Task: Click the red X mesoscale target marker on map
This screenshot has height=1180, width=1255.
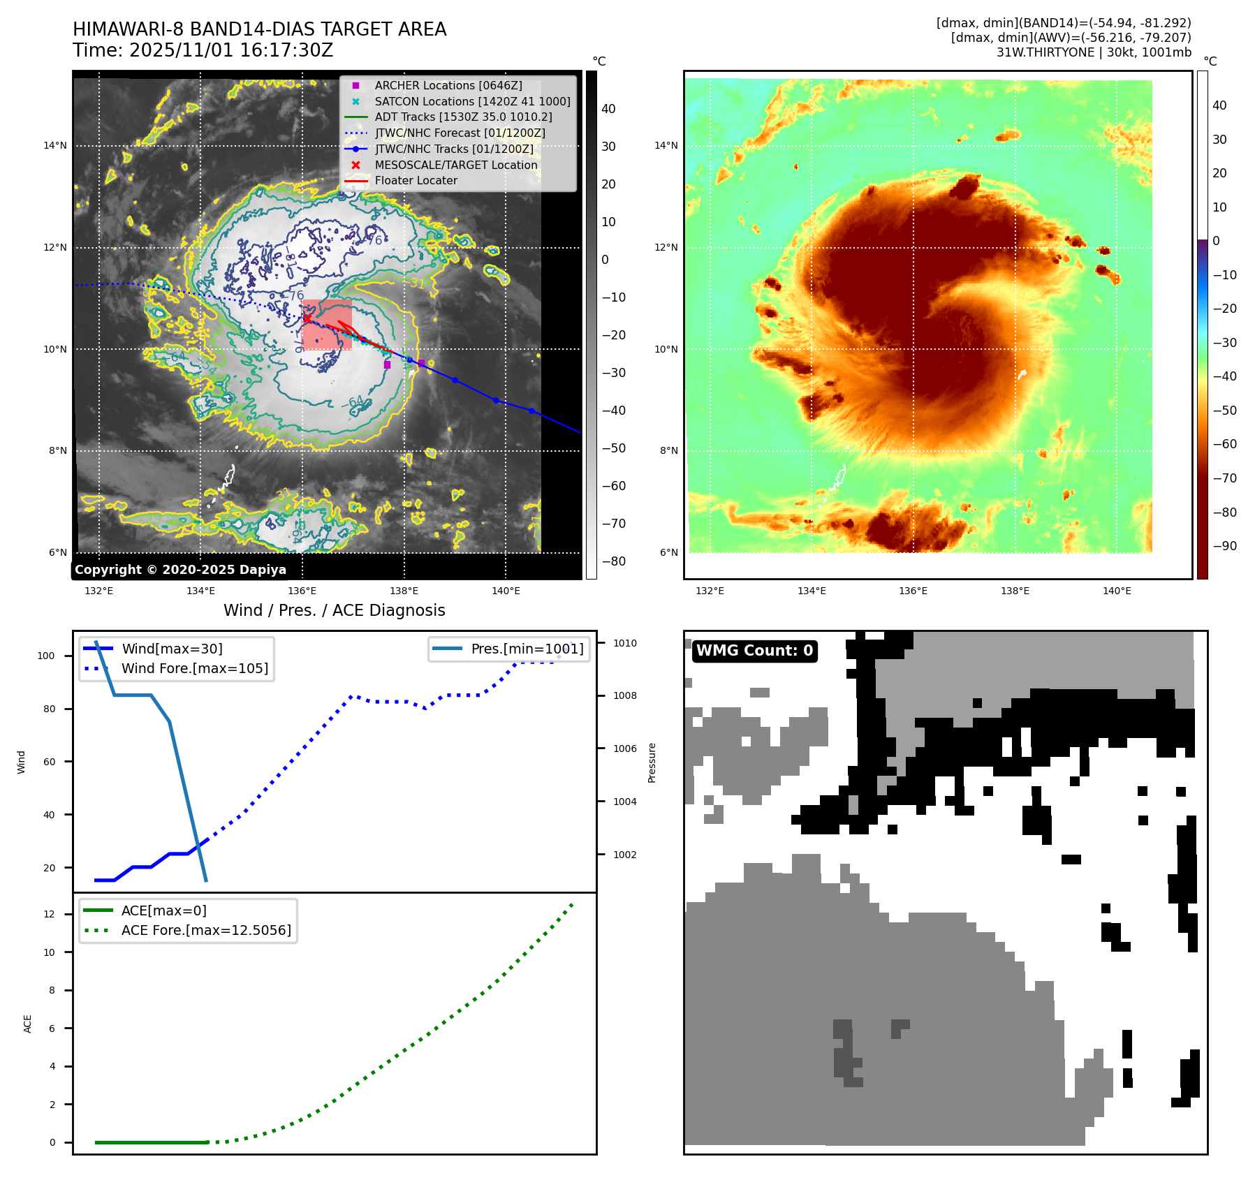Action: point(307,318)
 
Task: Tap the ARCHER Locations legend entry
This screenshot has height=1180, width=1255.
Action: point(448,85)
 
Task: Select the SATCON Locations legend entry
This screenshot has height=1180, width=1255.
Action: point(472,101)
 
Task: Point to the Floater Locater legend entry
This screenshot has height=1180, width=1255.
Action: point(416,180)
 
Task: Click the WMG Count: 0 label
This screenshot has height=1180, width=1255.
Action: point(754,651)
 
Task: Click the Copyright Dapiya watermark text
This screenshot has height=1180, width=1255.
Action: point(180,570)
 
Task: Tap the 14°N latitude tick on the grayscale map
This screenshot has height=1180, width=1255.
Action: point(55,146)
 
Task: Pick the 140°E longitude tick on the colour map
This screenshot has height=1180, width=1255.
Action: point(1117,591)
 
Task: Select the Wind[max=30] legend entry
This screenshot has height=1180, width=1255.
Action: point(172,649)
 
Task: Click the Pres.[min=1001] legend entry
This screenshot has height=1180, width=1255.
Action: point(527,649)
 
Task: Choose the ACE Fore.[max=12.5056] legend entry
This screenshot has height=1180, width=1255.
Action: point(205,930)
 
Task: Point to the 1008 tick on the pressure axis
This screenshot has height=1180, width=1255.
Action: point(625,695)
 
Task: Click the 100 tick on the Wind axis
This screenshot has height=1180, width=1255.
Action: point(46,656)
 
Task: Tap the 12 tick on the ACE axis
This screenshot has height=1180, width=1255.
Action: point(49,914)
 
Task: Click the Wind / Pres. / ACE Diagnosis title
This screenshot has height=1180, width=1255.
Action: point(334,610)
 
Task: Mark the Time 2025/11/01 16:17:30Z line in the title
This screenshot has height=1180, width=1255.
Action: point(203,50)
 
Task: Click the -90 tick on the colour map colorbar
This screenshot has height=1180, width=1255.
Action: point(1224,546)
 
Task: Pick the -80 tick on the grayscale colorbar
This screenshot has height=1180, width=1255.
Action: point(613,561)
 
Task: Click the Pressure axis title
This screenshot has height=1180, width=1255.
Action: point(652,762)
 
